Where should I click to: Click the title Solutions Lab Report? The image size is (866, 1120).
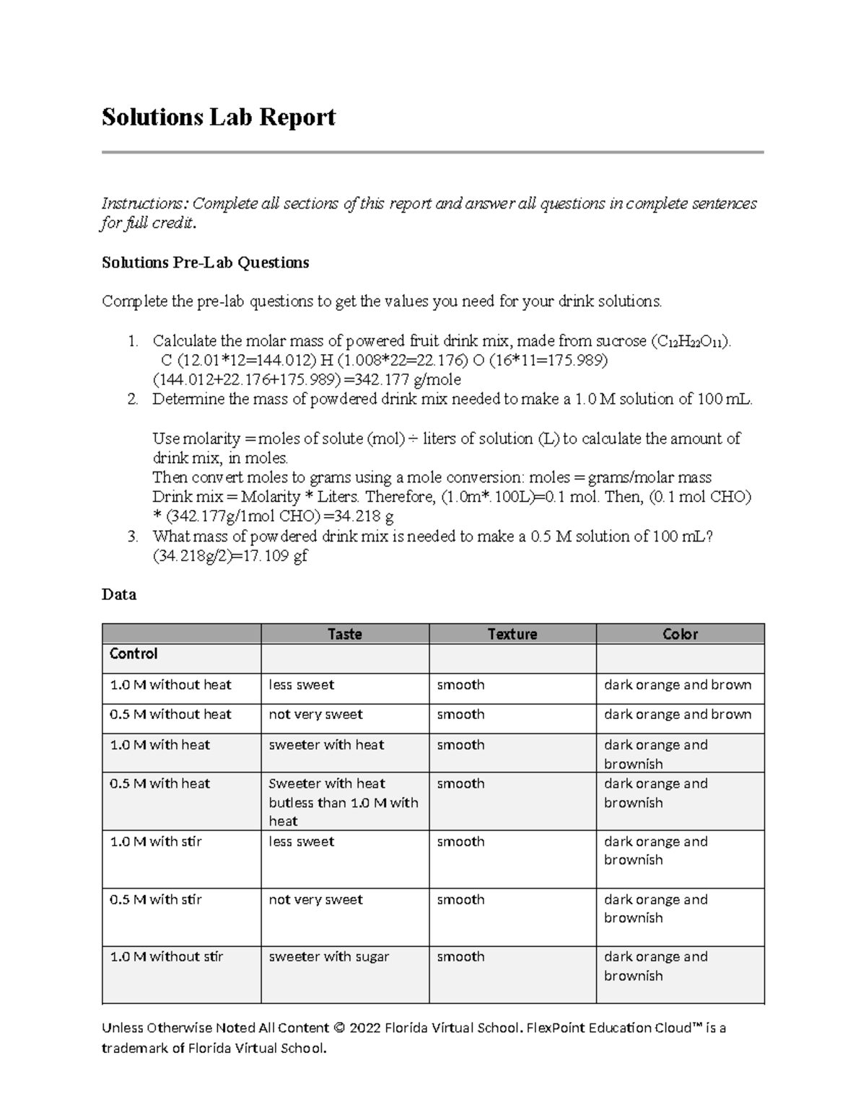pos(218,117)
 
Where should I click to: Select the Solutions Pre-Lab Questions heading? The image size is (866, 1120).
pos(205,263)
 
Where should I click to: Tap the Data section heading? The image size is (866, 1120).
pos(119,595)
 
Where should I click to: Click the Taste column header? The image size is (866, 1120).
pos(344,634)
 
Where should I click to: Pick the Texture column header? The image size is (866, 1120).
pos(512,634)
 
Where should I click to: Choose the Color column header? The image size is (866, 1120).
pos(680,634)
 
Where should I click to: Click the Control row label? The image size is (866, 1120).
pos(134,654)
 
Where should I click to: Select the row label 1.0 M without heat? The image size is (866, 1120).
pos(170,685)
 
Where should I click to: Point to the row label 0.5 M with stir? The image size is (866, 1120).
pos(155,899)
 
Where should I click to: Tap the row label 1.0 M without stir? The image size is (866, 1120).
pos(166,957)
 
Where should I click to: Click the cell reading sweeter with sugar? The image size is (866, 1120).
pos(328,957)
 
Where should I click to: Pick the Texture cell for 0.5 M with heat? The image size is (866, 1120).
pos(460,784)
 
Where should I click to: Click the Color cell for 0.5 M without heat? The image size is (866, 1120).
pos(678,715)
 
